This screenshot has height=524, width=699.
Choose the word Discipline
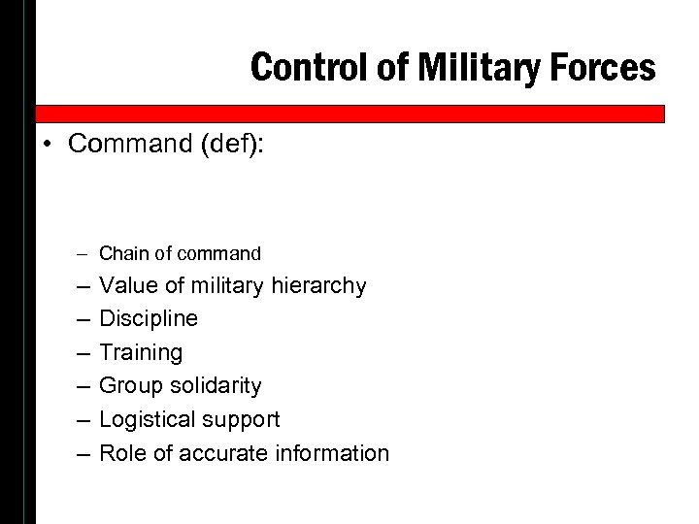[149, 318]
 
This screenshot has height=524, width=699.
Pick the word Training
[141, 352]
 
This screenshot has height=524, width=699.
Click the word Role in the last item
[122, 452]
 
